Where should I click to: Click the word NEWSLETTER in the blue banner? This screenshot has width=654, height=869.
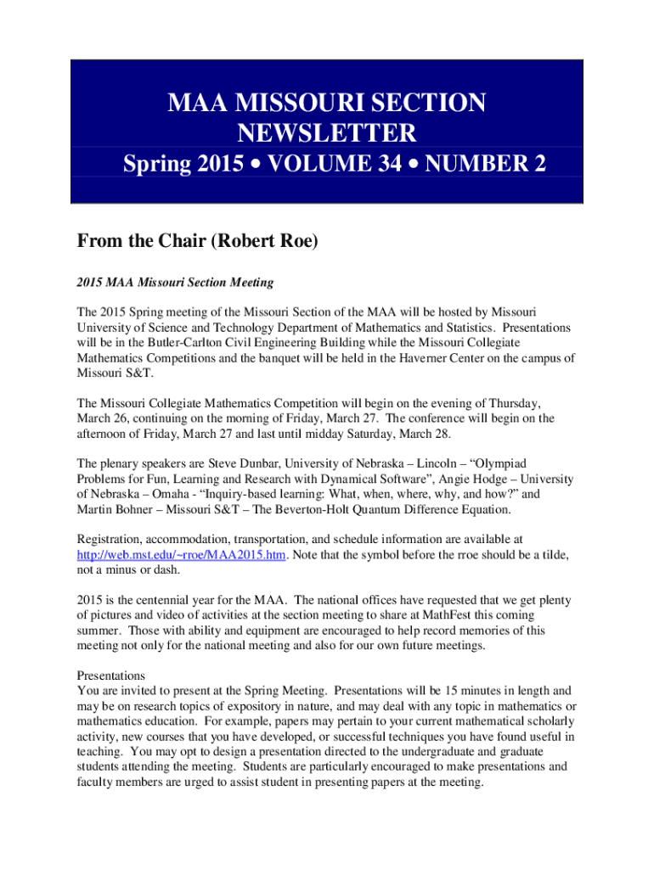(x=327, y=133)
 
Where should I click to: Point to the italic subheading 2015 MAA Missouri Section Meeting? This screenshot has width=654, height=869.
(x=175, y=281)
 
